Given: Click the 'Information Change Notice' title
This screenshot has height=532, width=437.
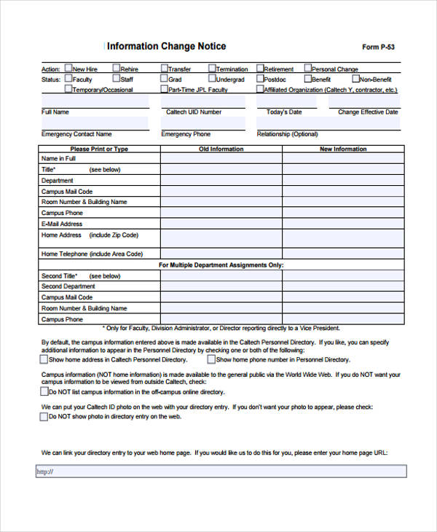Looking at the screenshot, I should tap(167, 46).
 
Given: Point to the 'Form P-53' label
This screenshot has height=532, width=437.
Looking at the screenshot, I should tap(378, 47).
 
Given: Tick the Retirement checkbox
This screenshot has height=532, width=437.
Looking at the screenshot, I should tap(260, 69).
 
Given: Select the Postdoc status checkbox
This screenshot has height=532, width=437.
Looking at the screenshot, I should tap(260, 79).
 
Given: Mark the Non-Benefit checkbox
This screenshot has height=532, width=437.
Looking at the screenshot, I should tap(356, 79).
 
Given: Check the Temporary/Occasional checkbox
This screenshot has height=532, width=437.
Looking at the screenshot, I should tap(68, 89).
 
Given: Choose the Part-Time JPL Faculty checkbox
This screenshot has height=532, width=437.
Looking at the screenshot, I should tap(164, 89).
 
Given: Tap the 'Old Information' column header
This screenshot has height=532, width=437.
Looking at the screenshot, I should tap(221, 149).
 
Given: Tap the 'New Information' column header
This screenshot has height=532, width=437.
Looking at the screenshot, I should tap(343, 149).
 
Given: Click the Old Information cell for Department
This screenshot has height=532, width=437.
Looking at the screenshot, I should tap(221, 180).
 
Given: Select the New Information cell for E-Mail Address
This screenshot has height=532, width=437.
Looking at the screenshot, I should tap(343, 224).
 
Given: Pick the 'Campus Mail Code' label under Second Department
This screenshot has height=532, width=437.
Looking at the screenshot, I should tap(67, 297).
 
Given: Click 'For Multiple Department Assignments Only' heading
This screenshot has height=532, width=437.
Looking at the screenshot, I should tap(221, 265).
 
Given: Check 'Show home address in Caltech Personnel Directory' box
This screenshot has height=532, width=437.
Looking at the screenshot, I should tap(43, 359).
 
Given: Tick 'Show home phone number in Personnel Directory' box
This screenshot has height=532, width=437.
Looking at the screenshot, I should tap(211, 359).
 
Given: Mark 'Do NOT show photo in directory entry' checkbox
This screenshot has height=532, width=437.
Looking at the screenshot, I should tap(43, 417).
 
